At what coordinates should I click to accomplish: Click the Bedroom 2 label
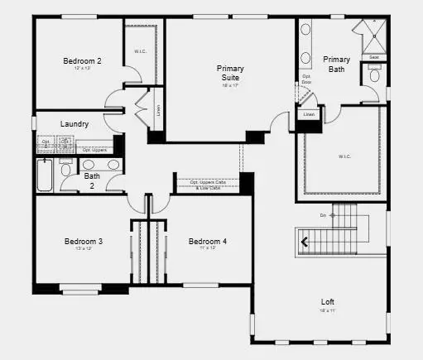tap(83, 60)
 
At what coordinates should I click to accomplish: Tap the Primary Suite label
tap(230, 73)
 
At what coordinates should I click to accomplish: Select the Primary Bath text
tap(336, 64)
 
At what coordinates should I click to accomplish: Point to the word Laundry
tap(75, 124)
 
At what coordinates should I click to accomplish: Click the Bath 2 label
tap(92, 180)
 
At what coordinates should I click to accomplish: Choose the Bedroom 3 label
tap(84, 242)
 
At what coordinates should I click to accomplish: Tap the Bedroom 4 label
tap(207, 242)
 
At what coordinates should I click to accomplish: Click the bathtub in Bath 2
tap(45, 175)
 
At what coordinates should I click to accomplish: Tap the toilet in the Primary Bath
tap(374, 75)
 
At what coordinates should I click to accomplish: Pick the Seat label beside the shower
tap(374, 57)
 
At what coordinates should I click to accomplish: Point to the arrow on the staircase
tap(305, 242)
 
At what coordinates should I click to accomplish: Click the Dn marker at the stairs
tap(323, 215)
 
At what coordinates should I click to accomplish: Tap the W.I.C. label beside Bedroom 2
tap(140, 51)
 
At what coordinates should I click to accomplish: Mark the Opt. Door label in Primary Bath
tap(306, 79)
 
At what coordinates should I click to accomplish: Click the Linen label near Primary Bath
tap(309, 114)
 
